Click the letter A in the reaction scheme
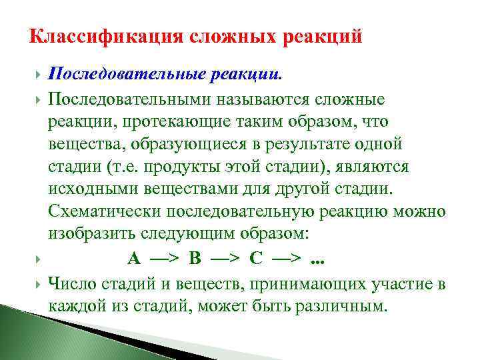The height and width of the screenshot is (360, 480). tap(133, 257)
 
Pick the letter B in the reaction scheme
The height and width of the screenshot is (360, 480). tap(195, 257)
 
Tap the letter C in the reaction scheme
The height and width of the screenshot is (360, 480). tap(255, 257)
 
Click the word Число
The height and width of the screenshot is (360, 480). tap(73, 285)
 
